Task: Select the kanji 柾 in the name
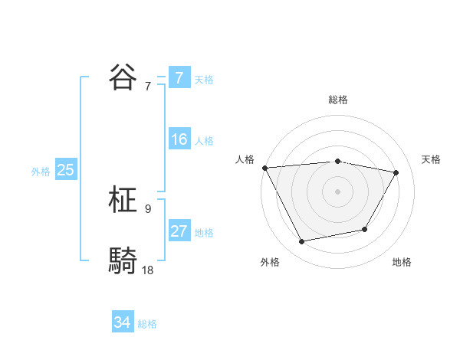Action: tap(124, 201)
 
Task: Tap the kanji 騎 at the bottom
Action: tap(124, 261)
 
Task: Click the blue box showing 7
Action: tap(179, 77)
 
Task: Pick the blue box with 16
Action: tap(179, 139)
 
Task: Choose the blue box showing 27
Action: tap(179, 231)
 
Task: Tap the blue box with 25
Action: tap(65, 170)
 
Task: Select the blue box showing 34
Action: tap(123, 322)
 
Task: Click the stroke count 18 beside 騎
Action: tap(148, 270)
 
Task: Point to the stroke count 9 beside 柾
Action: tap(148, 208)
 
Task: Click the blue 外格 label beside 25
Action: tap(41, 172)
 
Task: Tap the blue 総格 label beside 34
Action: tap(147, 324)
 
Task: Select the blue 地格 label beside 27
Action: tap(204, 233)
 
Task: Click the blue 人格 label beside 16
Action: tap(204, 141)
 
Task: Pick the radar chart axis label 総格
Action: tap(338, 100)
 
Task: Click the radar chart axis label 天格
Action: tap(432, 159)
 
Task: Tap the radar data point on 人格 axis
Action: tap(264, 167)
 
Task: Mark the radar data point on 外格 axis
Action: tap(302, 241)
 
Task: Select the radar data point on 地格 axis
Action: tap(365, 229)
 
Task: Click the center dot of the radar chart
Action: tap(338, 191)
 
